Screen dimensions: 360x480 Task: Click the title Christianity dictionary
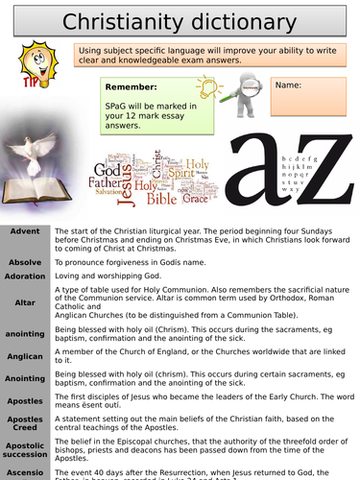179,20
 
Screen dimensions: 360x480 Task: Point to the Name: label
288,85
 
